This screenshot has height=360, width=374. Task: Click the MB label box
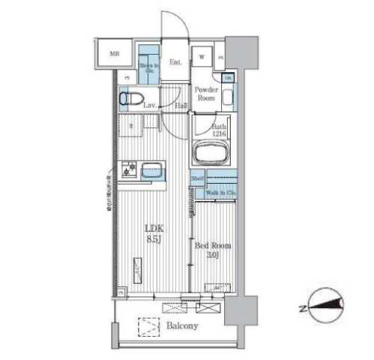115,54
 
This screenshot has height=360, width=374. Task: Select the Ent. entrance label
175,62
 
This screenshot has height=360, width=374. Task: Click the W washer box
202,57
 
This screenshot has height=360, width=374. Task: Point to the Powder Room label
206,94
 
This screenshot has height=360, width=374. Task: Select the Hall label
181,106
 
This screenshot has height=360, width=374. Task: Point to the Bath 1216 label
218,132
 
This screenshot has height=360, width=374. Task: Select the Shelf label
198,179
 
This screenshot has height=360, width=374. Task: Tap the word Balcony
182,325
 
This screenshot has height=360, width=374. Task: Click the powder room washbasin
228,94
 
